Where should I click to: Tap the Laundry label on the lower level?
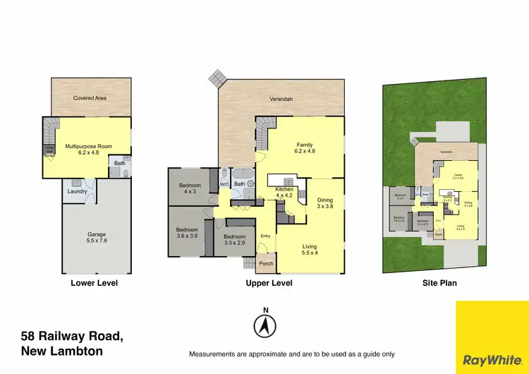(77, 191)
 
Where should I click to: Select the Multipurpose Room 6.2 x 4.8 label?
(88, 149)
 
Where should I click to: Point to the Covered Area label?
(90, 98)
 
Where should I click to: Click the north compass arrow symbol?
(265, 326)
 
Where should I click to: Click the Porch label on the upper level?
(266, 264)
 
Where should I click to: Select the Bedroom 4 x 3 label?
(188, 188)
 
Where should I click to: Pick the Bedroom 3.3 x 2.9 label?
(235, 240)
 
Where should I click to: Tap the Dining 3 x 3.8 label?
(324, 203)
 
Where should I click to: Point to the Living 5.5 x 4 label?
(309, 249)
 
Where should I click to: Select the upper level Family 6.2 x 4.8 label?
(304, 147)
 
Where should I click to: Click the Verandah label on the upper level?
(281, 99)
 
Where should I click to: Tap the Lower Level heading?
(94, 283)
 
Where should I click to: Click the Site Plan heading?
(439, 283)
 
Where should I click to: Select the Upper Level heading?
(269, 283)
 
